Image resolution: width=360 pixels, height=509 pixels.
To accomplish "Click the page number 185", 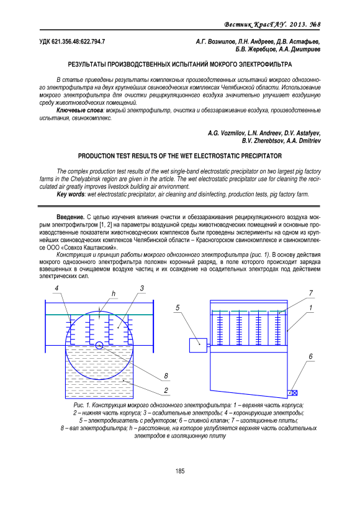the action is coord(180,471).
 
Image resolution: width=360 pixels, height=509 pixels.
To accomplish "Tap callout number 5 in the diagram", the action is coord(178,307).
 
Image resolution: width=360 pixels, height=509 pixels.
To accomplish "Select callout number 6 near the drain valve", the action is coord(310,356).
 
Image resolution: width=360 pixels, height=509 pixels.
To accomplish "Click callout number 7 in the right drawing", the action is coord(311,293).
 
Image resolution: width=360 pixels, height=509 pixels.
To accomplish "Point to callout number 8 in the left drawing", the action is coord(166,376).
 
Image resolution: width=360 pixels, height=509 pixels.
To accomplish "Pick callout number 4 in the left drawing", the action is coord(56,288).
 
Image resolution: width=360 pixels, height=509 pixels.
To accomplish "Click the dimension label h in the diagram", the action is coord(114,294).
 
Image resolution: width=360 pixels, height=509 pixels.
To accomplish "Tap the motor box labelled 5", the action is coord(198,345).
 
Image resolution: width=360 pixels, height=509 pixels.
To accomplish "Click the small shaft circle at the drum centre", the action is coord(99,345).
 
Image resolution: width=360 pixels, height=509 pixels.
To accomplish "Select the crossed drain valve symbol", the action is coord(294,393).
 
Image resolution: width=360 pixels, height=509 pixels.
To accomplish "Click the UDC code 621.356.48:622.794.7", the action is coord(72,42).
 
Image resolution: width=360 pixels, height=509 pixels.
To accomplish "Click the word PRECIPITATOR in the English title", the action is coord(261,156).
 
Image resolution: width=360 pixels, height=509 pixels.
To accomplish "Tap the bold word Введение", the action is coord(70,217).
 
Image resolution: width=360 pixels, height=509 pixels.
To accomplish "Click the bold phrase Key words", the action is coord(70,194).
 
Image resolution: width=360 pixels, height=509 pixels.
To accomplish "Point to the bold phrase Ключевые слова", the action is coord(80,110).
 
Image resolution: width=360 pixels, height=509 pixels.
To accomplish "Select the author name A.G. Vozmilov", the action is coord(227,133).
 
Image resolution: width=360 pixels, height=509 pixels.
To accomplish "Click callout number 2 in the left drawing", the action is coord(166,390).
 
